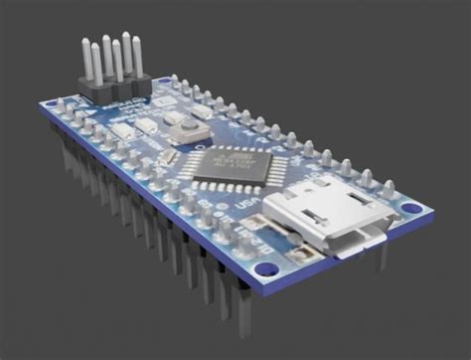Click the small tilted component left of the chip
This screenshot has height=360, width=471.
coord(168,157)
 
